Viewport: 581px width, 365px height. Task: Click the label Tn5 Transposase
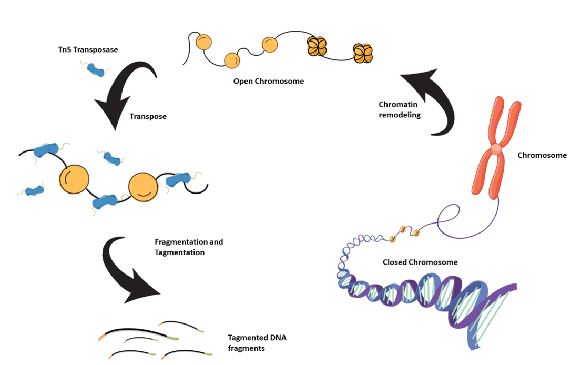point(88,50)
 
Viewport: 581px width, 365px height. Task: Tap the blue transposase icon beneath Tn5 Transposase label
point(96,70)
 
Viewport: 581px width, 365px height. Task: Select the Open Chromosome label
point(268,82)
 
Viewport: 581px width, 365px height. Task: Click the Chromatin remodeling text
point(400,110)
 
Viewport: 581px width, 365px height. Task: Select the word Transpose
point(148,116)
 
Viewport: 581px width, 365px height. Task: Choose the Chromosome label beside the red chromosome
point(542,155)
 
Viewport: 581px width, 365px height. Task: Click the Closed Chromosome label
point(412,262)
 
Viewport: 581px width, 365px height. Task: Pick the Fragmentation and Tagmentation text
point(189,247)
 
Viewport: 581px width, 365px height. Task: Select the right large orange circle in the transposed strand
point(144,186)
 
